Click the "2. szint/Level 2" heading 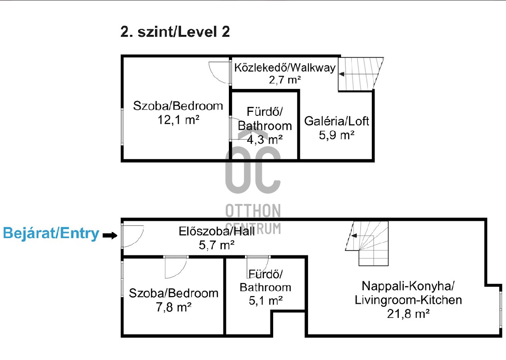click(x=175, y=32)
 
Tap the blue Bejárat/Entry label click(x=51, y=233)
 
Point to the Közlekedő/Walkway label click(x=285, y=68)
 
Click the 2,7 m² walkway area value click(x=284, y=80)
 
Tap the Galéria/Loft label click(x=337, y=121)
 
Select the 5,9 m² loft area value click(x=337, y=134)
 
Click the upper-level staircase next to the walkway click(x=360, y=73)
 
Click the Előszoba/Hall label click(x=217, y=231)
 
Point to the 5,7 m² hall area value click(x=217, y=244)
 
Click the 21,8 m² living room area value click(x=408, y=313)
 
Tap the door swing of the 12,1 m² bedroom click(x=219, y=72)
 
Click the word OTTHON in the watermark click(x=253, y=211)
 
